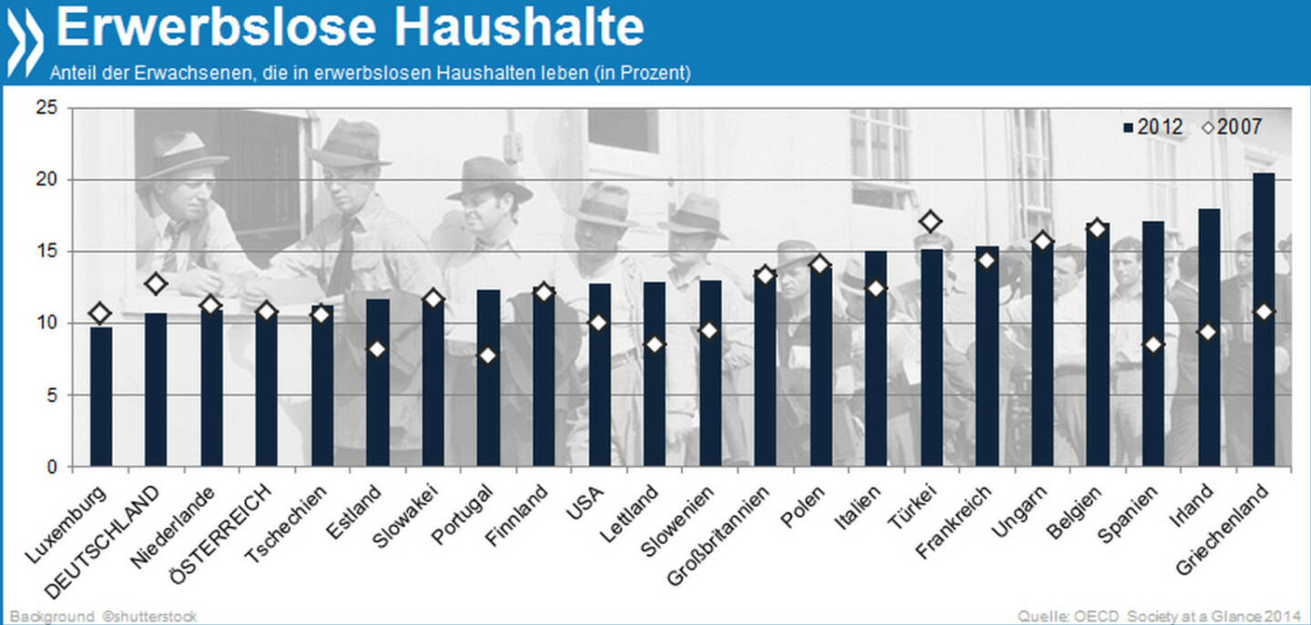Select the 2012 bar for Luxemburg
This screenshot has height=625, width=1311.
pyautogui.click(x=101, y=397)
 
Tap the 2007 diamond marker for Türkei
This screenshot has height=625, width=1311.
pyautogui.click(x=930, y=221)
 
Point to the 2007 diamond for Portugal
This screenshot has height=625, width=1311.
pyautogui.click(x=487, y=355)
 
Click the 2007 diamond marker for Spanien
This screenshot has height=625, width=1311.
pyautogui.click(x=1153, y=345)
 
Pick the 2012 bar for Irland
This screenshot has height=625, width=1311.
pyautogui.click(x=1207, y=338)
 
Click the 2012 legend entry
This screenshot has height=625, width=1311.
pyautogui.click(x=1153, y=126)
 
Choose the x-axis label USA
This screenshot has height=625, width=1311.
pyautogui.click(x=584, y=499)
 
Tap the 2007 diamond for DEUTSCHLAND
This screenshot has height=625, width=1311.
pyautogui.click(x=156, y=284)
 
